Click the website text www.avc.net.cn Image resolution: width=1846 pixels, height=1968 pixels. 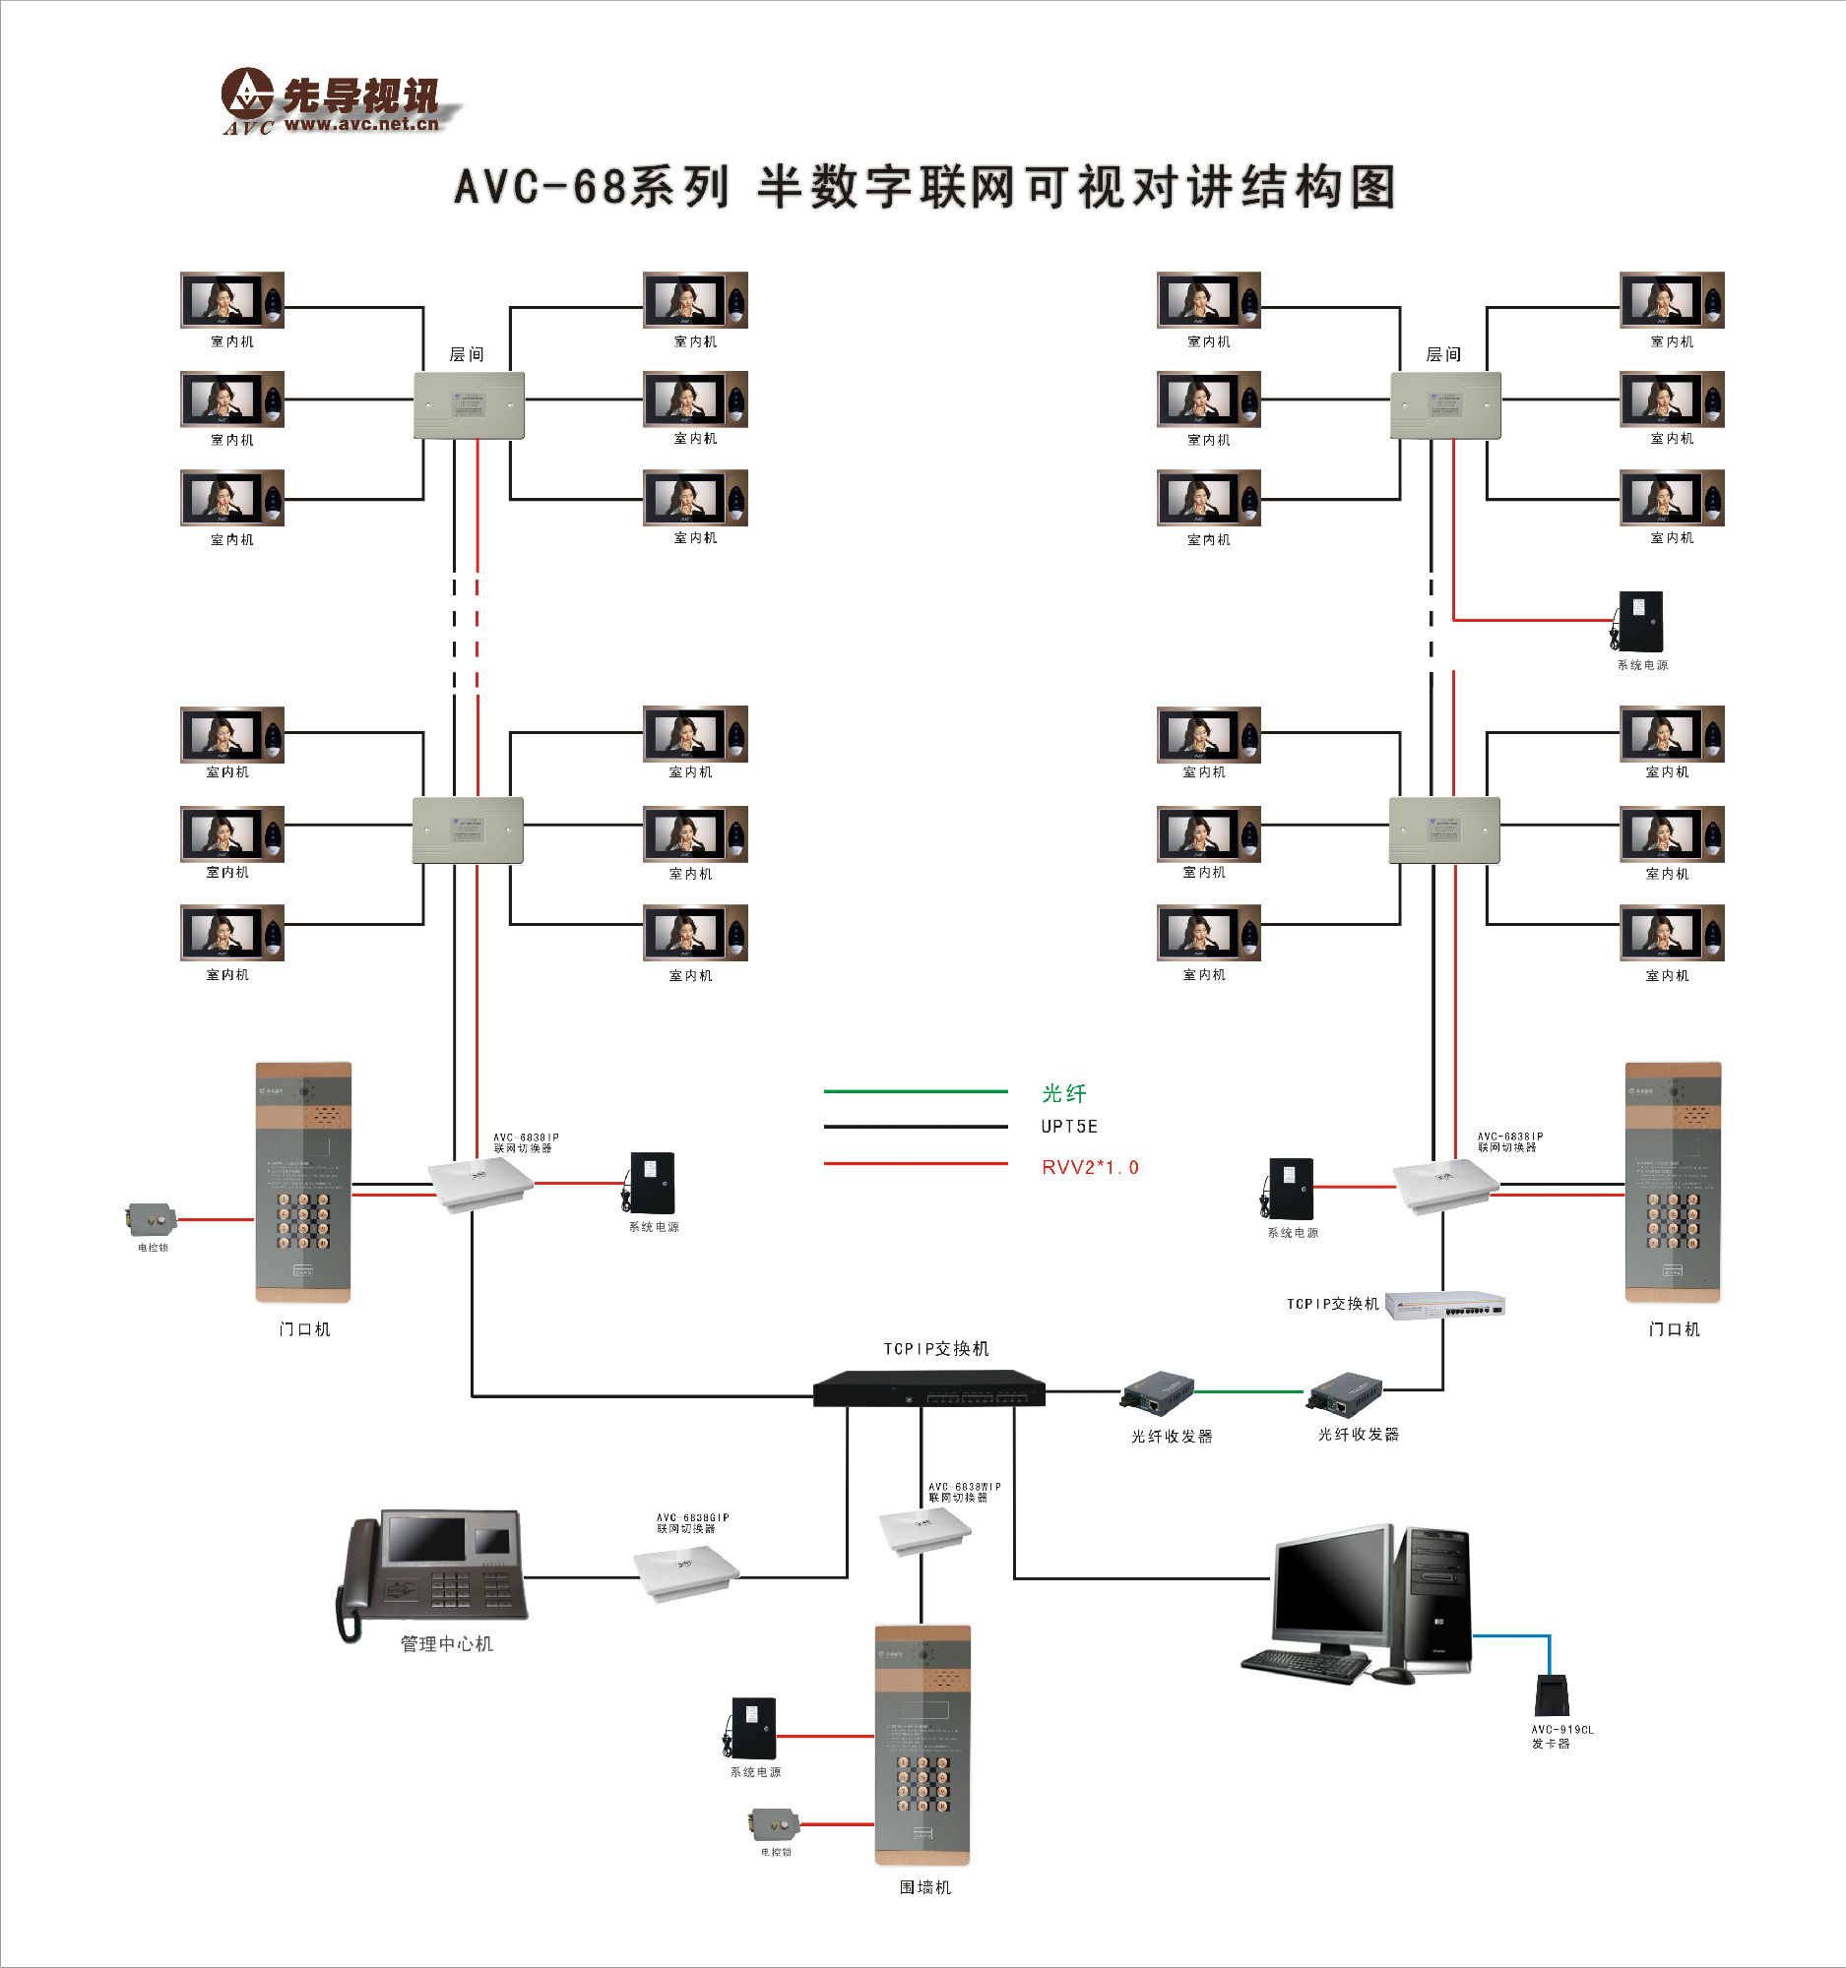[361, 124]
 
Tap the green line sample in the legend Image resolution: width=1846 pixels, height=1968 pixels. [915, 1091]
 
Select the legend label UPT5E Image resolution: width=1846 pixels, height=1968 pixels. [1068, 1127]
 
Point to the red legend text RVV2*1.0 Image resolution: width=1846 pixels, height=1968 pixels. [1089, 1167]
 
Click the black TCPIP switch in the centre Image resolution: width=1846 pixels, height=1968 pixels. [929, 1387]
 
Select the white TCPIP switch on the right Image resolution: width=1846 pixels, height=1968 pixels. [1445, 1306]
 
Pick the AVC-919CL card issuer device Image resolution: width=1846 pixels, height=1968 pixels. [1552, 1694]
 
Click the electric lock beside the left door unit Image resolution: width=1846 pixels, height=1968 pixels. [152, 1218]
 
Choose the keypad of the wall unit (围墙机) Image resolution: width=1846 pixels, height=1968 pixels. [922, 1783]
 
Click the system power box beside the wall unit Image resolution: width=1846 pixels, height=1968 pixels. [753, 1728]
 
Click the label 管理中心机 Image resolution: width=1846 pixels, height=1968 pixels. [446, 1644]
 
